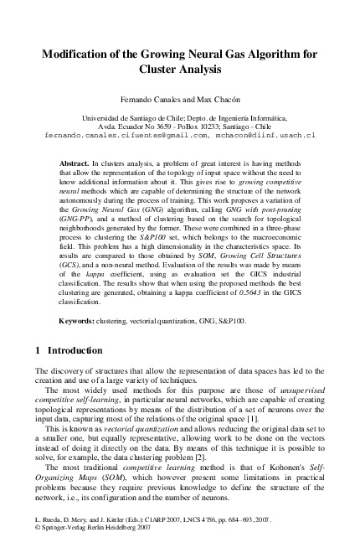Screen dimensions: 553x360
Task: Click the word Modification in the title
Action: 80,54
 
